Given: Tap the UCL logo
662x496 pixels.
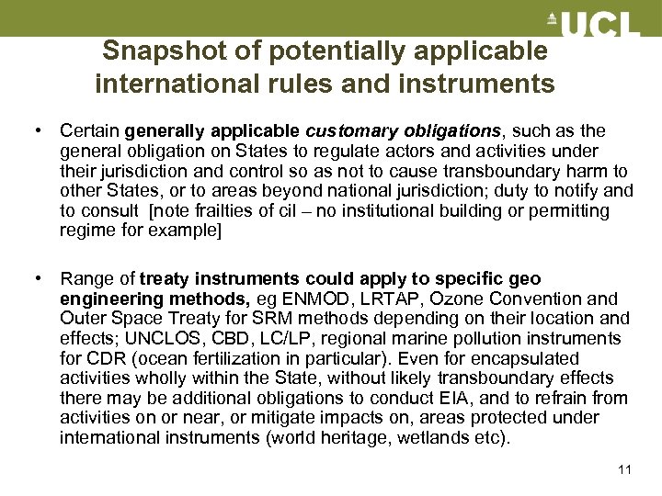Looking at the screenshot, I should pyautogui.click(x=593, y=24).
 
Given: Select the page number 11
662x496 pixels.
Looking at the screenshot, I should pyautogui.click(x=625, y=470).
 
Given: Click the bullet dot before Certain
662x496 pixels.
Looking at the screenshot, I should pyautogui.click(x=39, y=131).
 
